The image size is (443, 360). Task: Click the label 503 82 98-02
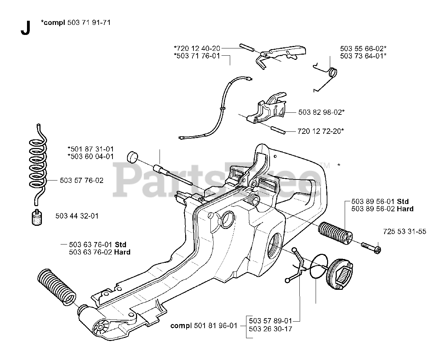321,112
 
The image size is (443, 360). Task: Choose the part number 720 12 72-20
320,131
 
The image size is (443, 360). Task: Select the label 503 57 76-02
82,181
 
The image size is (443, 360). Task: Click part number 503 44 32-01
77,216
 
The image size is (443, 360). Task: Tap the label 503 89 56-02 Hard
382,209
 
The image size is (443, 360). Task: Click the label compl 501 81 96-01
204,325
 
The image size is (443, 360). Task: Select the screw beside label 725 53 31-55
371,247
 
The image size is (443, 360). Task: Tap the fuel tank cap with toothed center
341,274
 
